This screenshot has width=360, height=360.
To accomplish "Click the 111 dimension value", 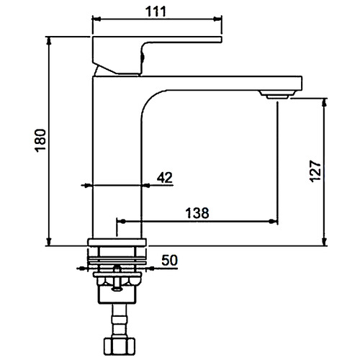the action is [156, 11].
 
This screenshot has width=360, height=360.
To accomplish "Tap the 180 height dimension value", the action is [40, 140].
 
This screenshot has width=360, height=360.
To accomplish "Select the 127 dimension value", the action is [315, 171].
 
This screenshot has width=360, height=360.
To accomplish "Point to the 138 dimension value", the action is [197, 213].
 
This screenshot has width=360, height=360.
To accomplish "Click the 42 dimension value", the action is [165, 178].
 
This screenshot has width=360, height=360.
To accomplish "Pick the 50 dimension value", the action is [170, 260].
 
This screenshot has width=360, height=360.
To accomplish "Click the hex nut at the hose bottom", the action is [120, 345].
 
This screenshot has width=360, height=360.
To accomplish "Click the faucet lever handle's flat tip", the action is [221, 40].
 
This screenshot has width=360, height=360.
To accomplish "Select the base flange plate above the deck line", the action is [117, 243].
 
